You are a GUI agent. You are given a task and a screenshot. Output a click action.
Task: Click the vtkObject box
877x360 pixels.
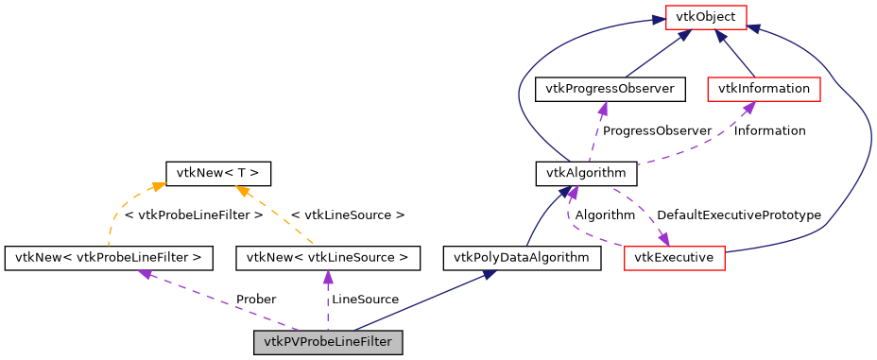[x=707, y=16]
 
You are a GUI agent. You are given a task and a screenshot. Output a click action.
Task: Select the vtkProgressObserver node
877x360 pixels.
[x=610, y=89]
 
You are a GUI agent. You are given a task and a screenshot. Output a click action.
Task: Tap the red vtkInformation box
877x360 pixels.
[x=764, y=89]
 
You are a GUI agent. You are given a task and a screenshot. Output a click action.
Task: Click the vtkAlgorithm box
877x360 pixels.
[x=586, y=173]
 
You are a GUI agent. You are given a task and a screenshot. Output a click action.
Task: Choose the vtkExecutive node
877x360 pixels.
[x=674, y=258]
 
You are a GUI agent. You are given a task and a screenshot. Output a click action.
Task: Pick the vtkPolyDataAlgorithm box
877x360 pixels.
[x=522, y=257]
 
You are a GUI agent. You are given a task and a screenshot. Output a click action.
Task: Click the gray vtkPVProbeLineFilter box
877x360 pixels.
[x=328, y=342]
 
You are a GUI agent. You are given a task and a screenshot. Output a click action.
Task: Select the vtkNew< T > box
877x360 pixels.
[x=218, y=173]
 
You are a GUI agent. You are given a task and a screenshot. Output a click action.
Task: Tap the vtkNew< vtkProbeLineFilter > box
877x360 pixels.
[x=109, y=257]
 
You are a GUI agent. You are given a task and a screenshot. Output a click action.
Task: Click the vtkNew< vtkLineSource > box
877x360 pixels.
[x=328, y=257]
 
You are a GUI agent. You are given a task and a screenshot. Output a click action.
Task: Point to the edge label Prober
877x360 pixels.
[x=255, y=300]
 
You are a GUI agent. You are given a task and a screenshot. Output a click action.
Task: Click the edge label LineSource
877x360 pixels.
[x=365, y=300]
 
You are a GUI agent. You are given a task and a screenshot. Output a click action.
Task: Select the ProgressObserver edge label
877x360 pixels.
[x=657, y=131]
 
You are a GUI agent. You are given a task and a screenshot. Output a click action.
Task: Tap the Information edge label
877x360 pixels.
[x=769, y=131]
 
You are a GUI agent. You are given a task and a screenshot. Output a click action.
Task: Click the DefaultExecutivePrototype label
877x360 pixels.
[x=738, y=215]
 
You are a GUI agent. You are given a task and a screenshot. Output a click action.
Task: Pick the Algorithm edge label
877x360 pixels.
[x=605, y=215]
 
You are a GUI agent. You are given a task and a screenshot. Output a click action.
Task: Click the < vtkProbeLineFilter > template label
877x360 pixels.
[x=194, y=215]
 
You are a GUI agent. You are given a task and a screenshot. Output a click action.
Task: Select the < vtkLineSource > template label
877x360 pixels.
[x=347, y=215]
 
